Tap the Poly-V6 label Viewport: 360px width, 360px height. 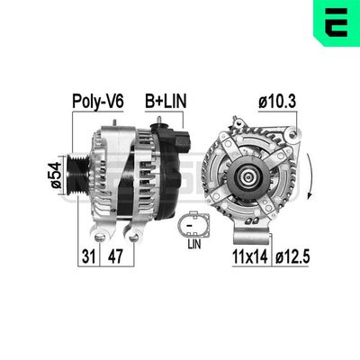coord(97,102)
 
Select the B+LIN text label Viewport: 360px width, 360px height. coord(166,102)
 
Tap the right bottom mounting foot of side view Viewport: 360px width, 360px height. coord(134,236)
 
